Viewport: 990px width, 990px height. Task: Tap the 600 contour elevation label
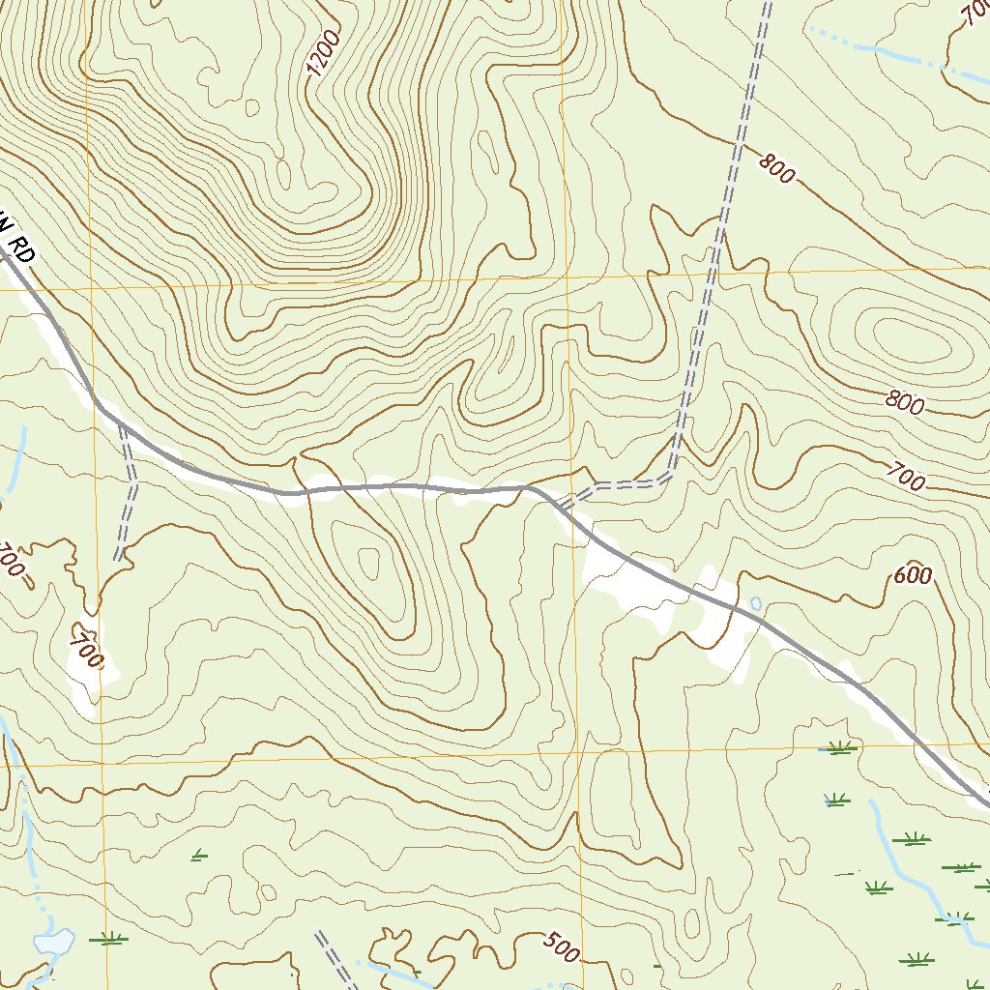point(913,576)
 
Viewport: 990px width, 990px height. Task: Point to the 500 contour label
point(560,948)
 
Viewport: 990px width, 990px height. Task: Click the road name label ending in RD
point(17,240)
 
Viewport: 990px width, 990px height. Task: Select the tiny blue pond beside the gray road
point(756,603)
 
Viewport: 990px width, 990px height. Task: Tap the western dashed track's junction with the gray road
point(120,423)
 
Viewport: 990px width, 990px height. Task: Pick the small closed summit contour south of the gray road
point(369,561)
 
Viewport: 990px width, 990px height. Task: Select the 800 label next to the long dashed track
point(776,169)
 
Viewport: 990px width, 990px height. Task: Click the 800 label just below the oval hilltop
point(905,404)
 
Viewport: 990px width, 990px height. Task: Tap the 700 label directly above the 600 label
point(906,477)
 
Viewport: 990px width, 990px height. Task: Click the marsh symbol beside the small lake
point(108,938)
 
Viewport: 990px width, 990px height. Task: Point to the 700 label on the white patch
point(86,654)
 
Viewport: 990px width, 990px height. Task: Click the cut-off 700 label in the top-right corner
point(974,13)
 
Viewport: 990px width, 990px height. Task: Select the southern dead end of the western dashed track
point(118,558)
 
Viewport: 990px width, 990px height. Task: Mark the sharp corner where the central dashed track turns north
point(669,474)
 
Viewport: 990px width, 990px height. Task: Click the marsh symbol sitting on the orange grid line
point(839,747)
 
